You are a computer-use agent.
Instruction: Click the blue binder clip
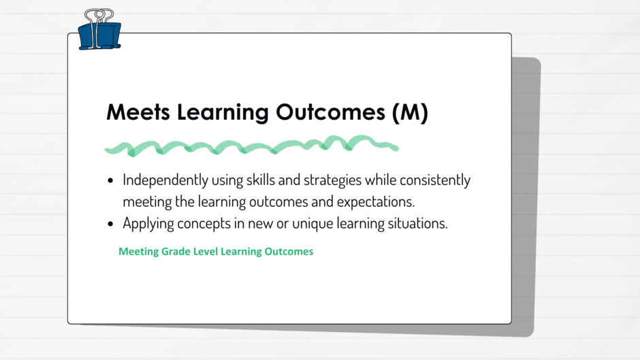click(99, 35)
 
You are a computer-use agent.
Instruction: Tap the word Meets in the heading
click(138, 112)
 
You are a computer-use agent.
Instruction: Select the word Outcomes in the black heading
click(330, 112)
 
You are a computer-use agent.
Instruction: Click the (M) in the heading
click(410, 112)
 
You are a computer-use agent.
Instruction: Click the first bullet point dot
click(110, 180)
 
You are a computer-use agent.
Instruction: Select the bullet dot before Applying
click(110, 224)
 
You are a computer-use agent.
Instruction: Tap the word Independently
click(165, 180)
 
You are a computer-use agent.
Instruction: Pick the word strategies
click(333, 180)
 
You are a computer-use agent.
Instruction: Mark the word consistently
click(435, 180)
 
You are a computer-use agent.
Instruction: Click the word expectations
click(376, 202)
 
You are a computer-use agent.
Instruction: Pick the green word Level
click(206, 251)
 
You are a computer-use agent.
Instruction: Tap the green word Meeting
click(138, 252)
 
